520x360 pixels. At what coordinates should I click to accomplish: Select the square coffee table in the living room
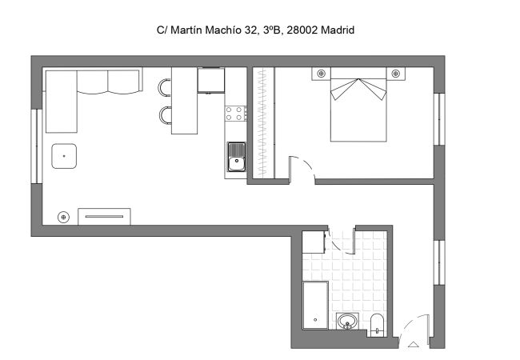pyautogui.click(x=64, y=156)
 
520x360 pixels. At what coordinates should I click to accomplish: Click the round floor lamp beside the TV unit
pyautogui.click(x=63, y=216)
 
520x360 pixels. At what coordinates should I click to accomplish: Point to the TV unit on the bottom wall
pyautogui.click(x=104, y=216)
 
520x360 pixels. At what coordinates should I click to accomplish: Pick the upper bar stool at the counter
pyautogui.click(x=165, y=86)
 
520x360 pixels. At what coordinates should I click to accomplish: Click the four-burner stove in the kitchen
pyautogui.click(x=236, y=114)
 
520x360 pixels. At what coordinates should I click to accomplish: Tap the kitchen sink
pyautogui.click(x=236, y=158)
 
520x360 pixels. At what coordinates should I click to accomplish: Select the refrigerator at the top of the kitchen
pyautogui.click(x=211, y=81)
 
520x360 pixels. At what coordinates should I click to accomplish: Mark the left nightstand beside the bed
pyautogui.click(x=321, y=74)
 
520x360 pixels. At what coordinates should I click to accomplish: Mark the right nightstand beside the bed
pyautogui.click(x=396, y=74)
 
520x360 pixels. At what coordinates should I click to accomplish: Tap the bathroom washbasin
pyautogui.click(x=346, y=322)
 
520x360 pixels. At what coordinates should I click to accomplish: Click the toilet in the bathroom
pyautogui.click(x=378, y=324)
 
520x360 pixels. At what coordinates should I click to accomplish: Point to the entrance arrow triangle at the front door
pyautogui.click(x=413, y=345)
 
